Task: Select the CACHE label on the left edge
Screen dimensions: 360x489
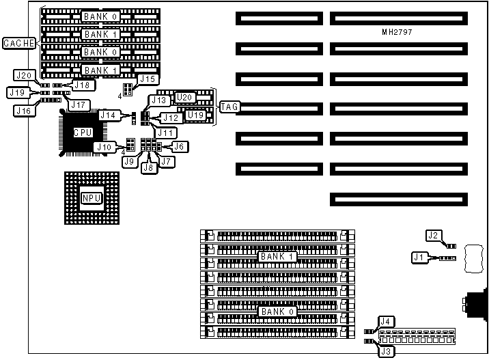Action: (18, 44)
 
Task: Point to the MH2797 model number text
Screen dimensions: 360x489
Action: (397, 32)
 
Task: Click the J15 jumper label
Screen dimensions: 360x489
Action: (148, 79)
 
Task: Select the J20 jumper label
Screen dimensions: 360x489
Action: (25, 75)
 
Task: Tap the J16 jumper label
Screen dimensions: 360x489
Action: (24, 110)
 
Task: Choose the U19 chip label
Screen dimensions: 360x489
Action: (195, 115)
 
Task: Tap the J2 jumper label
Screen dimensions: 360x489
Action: (433, 236)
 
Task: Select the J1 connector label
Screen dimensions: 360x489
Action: (419, 258)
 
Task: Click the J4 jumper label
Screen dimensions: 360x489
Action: (386, 321)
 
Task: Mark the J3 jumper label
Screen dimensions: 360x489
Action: (386, 352)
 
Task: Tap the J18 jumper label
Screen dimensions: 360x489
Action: (83, 85)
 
